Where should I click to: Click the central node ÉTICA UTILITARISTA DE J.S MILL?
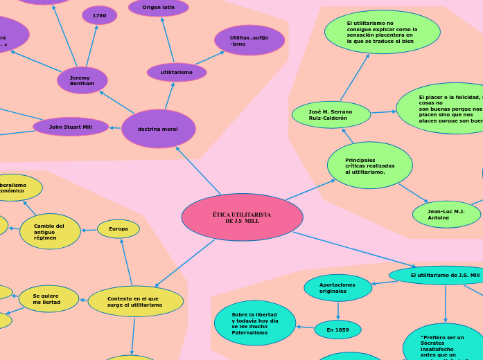pos(242,217)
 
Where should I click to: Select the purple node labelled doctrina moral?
pos(158,129)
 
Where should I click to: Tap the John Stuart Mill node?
pos(71,127)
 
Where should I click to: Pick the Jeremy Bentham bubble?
pos(82,80)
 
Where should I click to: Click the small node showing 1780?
pos(99,15)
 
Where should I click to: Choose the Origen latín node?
pos(159,8)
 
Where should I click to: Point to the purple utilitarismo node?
pos(177,72)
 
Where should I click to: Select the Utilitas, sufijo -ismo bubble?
pos(249,40)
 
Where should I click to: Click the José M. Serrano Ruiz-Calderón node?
pos(331,114)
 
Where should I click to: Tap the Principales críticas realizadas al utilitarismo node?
pos(369,165)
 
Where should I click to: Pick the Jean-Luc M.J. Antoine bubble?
pos(446,215)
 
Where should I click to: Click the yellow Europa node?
pos(118,228)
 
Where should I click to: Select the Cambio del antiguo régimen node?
pos(50,231)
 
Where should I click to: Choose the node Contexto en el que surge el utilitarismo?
pos(135,301)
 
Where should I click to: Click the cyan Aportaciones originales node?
pos(337,287)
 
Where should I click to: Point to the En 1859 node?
pos(337,330)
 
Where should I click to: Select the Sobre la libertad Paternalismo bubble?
pos(255,323)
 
